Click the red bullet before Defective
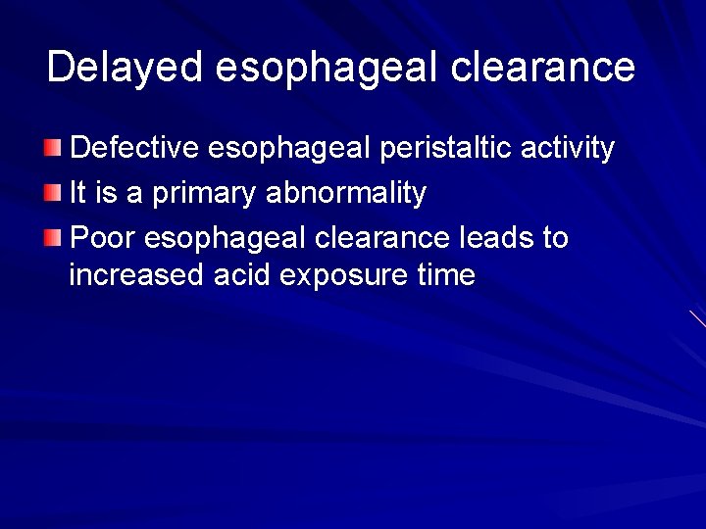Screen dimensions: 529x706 tap(51, 148)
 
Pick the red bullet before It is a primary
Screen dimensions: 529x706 tap(51, 194)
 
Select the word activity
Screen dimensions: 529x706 tap(569, 149)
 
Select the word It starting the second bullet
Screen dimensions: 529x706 tap(80, 194)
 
